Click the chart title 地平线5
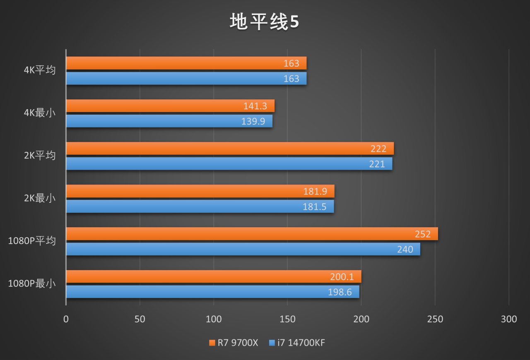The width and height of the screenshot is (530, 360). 264,22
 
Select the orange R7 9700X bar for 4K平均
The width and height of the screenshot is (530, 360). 186,63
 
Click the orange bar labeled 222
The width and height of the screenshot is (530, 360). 230,149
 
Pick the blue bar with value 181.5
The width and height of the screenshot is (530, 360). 200,206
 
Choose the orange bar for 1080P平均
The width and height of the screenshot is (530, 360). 252,234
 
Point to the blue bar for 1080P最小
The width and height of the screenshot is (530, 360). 212,292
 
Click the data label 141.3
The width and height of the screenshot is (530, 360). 255,106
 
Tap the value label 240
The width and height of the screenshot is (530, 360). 405,250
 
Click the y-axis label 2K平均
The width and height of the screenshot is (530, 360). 40,156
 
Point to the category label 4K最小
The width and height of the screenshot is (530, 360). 40,113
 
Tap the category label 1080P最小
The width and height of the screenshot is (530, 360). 32,284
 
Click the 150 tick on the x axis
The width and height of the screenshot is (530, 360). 287,319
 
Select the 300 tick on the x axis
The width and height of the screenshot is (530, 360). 509,319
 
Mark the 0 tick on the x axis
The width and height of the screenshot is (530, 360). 66,319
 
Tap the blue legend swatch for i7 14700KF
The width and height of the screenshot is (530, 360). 272,343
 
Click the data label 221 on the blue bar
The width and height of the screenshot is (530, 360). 377,164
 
